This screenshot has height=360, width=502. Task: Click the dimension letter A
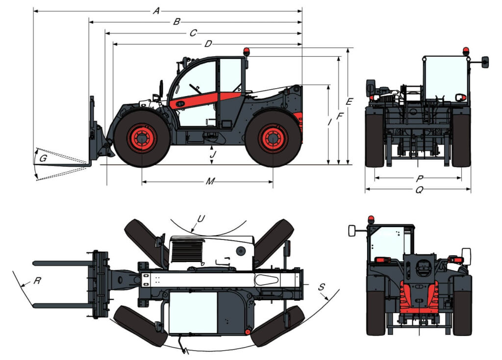pyautogui.click(x=156, y=11)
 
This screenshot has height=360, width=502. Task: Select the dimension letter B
pyautogui.click(x=176, y=22)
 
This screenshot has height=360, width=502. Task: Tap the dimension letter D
pyautogui.click(x=208, y=44)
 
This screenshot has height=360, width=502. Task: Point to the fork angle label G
pyautogui.click(x=43, y=158)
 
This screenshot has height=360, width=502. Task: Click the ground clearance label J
pyautogui.click(x=213, y=155)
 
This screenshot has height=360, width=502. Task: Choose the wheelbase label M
pyautogui.click(x=210, y=181)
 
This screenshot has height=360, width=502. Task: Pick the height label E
pyautogui.click(x=349, y=101)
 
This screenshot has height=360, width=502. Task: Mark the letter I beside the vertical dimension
pyautogui.click(x=329, y=121)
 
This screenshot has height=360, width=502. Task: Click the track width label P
pyautogui.click(x=420, y=178)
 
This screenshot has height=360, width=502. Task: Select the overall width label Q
pyautogui.click(x=419, y=190)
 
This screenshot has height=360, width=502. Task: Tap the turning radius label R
pyautogui.click(x=37, y=281)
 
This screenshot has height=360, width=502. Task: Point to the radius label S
pyautogui.click(x=322, y=287)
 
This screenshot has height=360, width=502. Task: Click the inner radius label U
pyautogui.click(x=201, y=218)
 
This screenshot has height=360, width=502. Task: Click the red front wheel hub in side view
pyautogui.click(x=142, y=138)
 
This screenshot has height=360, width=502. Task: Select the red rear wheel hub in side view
pyautogui.click(x=273, y=139)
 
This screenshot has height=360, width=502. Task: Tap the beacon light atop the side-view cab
pyautogui.click(x=247, y=52)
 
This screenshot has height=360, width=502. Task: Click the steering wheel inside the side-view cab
pyautogui.click(x=194, y=88)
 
